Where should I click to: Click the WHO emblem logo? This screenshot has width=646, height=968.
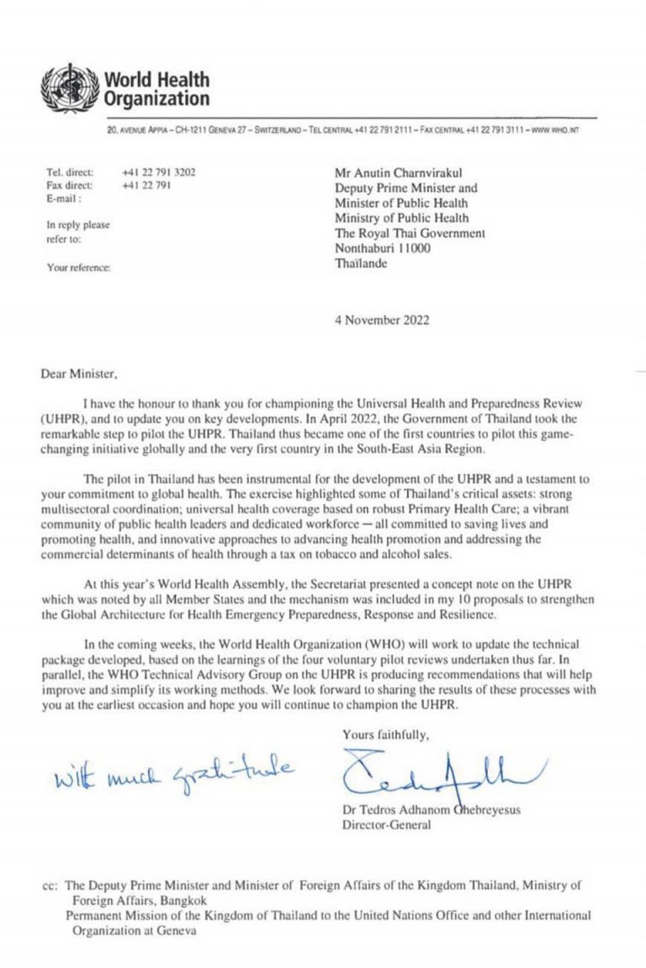coord(71,88)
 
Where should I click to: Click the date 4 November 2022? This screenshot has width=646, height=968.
coord(384,320)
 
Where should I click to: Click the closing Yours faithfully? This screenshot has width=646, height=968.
coord(385,735)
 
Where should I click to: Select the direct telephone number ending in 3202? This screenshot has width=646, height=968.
coord(158,172)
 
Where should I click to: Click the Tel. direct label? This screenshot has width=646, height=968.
coord(70,172)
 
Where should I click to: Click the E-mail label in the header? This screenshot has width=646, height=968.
coord(64,199)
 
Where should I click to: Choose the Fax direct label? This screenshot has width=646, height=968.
coord(70,185)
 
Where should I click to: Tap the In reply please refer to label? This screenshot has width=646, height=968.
coord(77,231)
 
